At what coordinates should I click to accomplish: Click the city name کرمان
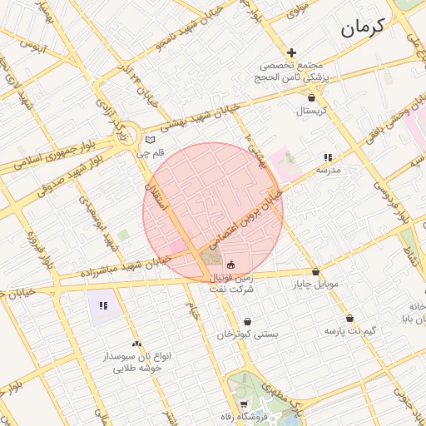(x=363, y=28)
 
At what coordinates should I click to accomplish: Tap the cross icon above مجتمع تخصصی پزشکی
(x=291, y=53)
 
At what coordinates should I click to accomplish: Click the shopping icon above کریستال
(x=311, y=97)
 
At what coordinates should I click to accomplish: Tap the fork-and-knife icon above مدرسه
(x=329, y=157)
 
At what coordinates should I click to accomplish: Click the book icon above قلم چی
(x=150, y=140)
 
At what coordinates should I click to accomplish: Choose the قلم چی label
(x=150, y=152)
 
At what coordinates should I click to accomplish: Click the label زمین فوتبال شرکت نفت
(x=230, y=283)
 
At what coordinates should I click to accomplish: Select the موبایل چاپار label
(x=315, y=284)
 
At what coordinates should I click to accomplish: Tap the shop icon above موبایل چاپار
(x=315, y=271)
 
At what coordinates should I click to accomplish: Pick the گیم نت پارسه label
(x=350, y=330)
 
